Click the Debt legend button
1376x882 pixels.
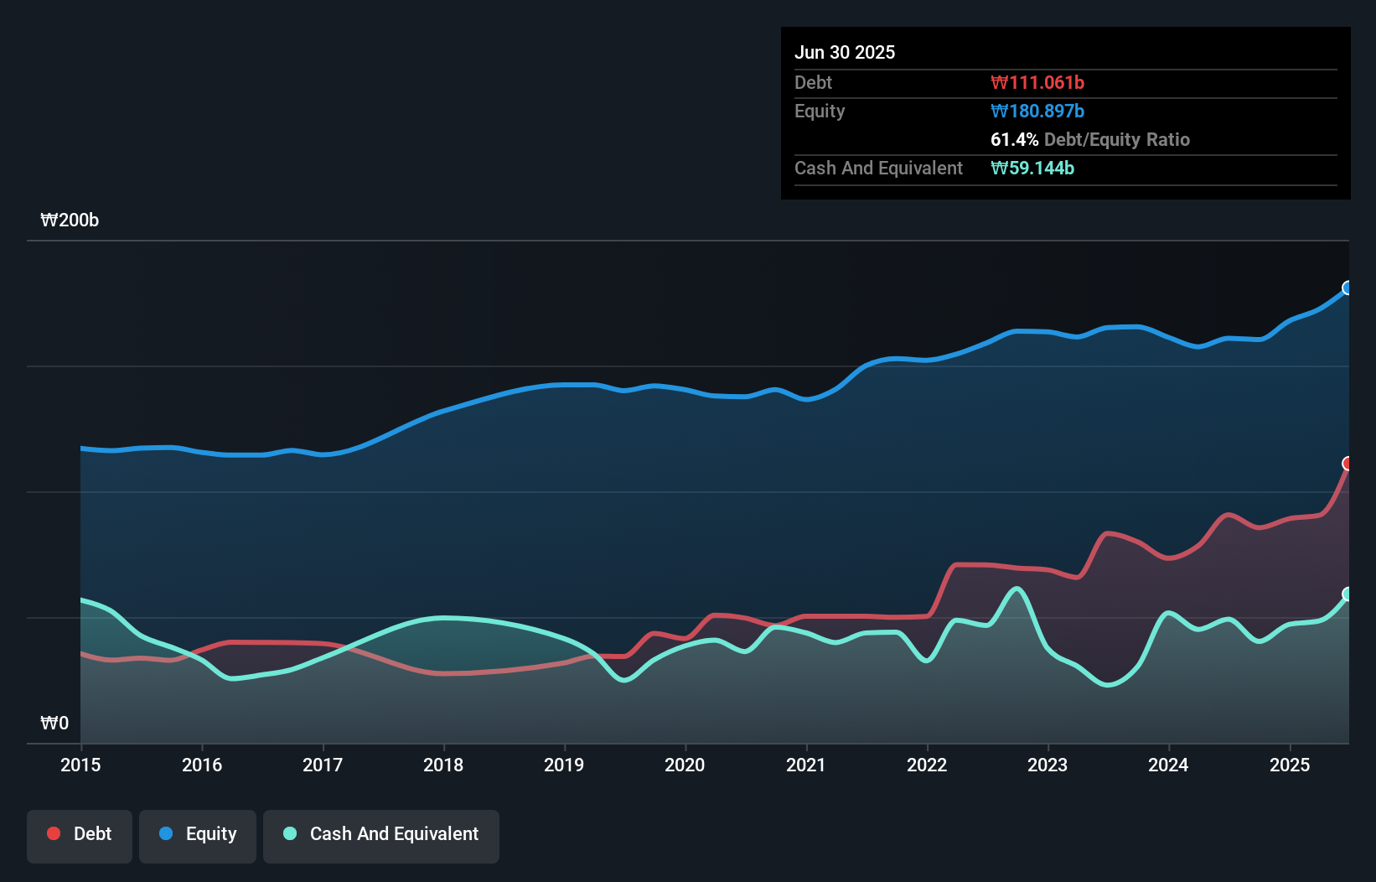pyautogui.click(x=79, y=834)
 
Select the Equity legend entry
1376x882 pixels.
pyautogui.click(x=198, y=834)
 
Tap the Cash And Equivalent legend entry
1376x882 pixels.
pyautogui.click(x=381, y=834)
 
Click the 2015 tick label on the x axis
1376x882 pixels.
pyautogui.click(x=80, y=765)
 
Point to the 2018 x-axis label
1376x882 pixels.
pyautogui.click(x=443, y=765)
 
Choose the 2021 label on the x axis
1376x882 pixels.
pyautogui.click(x=805, y=765)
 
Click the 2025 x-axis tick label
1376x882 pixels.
pyautogui.click(x=1289, y=765)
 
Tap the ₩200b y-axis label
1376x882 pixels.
pyautogui.click(x=70, y=220)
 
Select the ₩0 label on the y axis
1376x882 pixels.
pyautogui.click(x=54, y=723)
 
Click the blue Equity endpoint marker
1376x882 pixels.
pyautogui.click(x=1348, y=288)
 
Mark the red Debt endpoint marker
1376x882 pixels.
pyautogui.click(x=1348, y=464)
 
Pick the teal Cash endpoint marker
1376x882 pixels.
pyautogui.click(x=1348, y=594)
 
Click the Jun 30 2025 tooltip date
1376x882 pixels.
pyautogui.click(x=845, y=53)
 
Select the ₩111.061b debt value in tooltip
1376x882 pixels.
pyautogui.click(x=1037, y=83)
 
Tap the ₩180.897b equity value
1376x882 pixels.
pyautogui.click(x=1037, y=112)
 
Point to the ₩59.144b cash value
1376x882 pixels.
pyautogui.click(x=1032, y=169)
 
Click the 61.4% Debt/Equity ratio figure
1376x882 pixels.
pyautogui.click(x=1014, y=140)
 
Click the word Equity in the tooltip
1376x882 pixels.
pyautogui.click(x=820, y=112)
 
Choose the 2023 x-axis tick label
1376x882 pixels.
pyautogui.click(x=1048, y=765)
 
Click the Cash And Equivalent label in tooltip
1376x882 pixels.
pyautogui.click(x=878, y=169)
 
